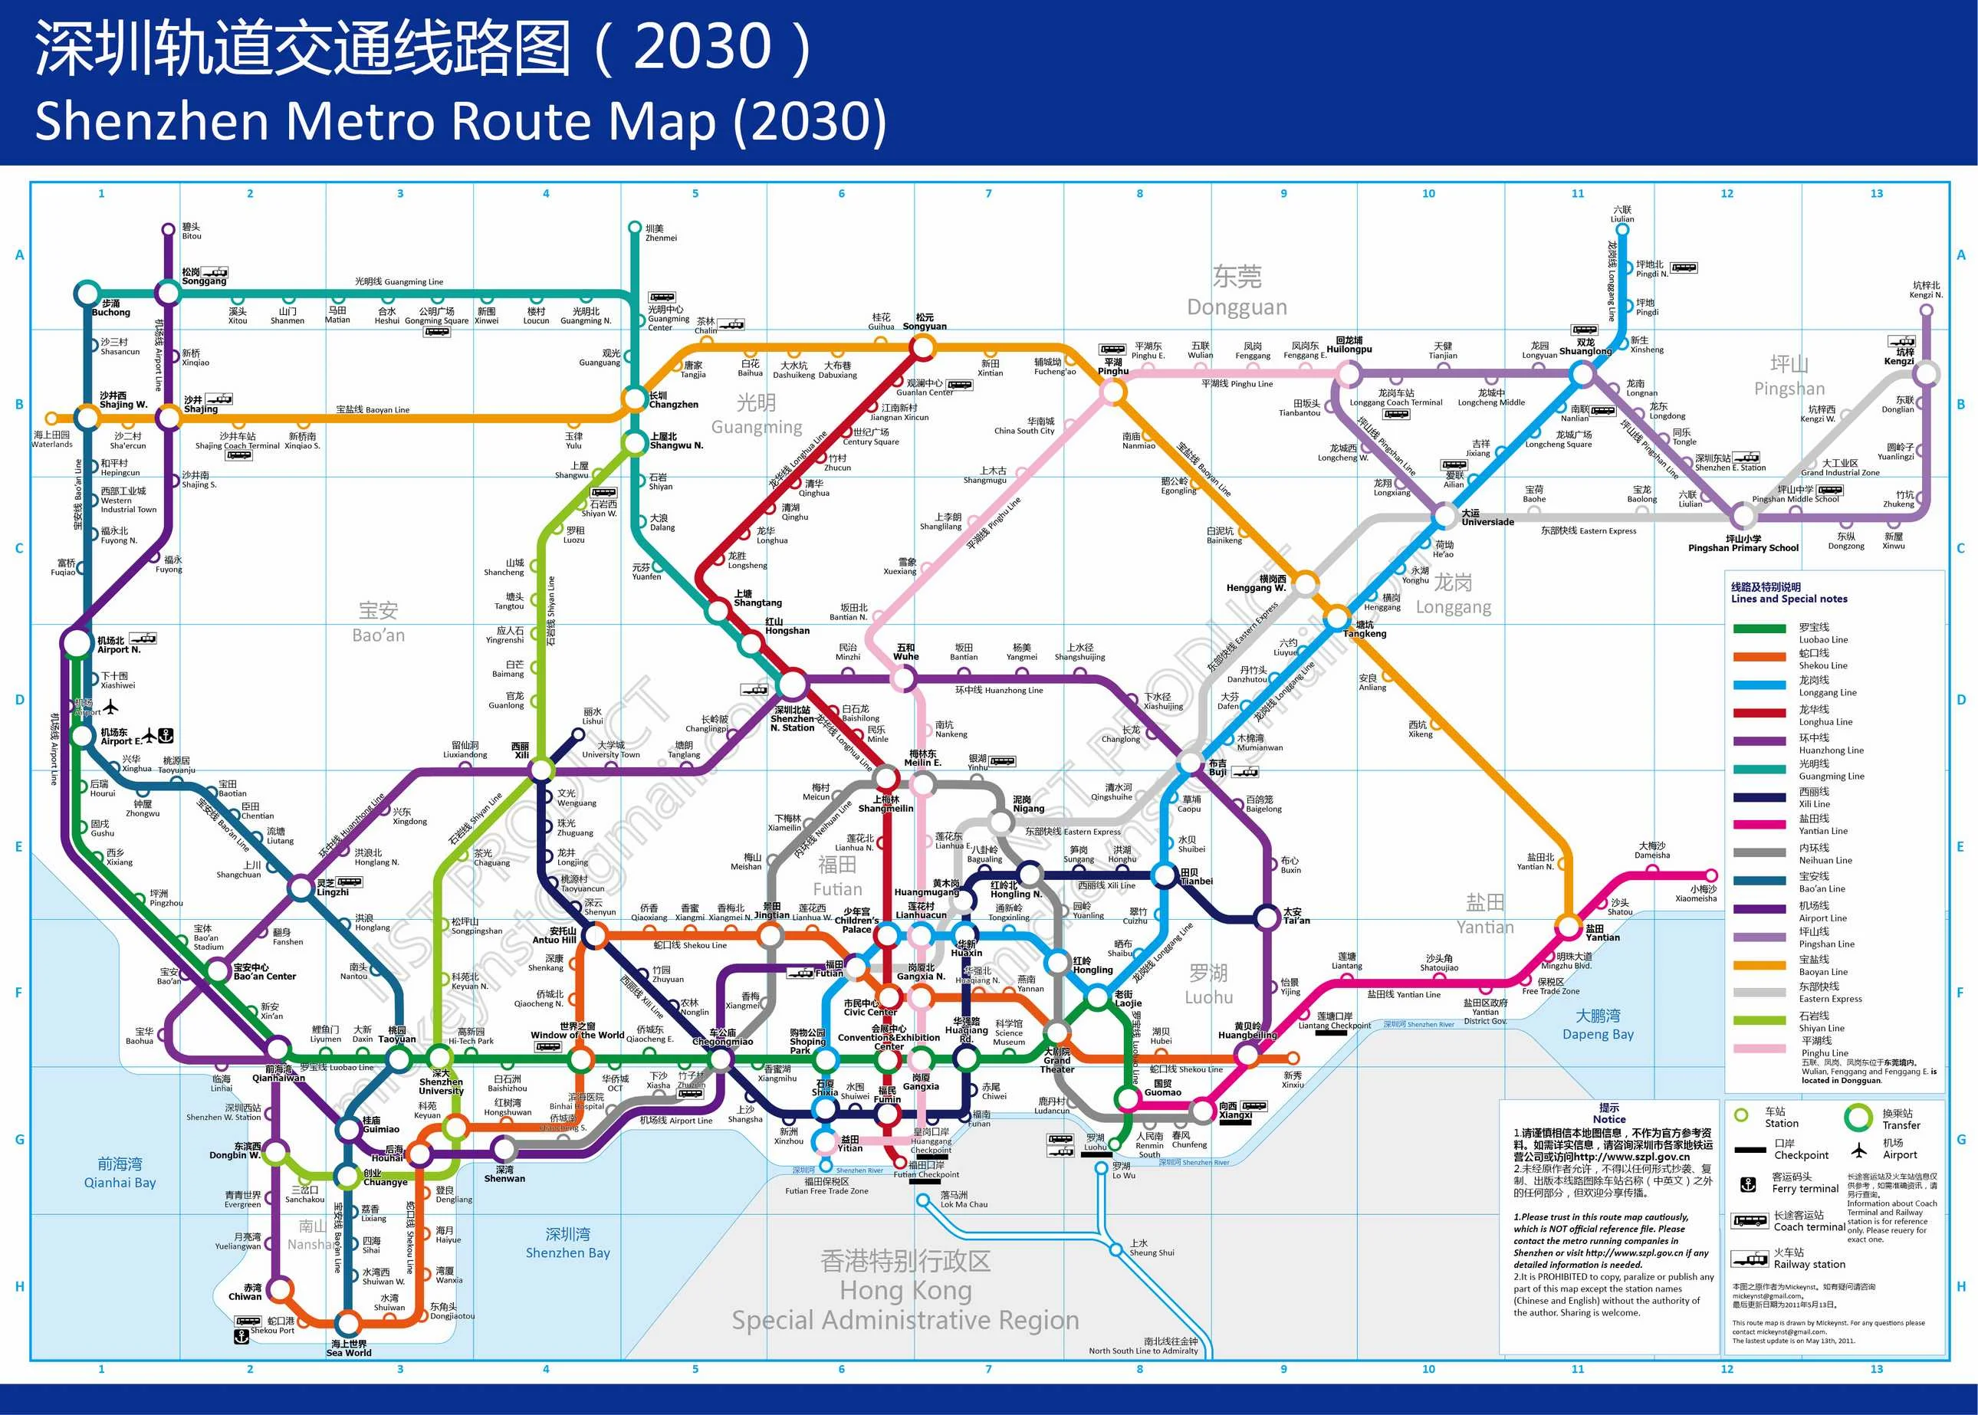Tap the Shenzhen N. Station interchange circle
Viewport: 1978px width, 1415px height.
[792, 683]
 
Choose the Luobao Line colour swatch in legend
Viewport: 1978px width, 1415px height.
[1760, 629]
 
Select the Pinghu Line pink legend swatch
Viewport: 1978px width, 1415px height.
[1760, 1047]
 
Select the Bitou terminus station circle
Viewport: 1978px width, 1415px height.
[168, 230]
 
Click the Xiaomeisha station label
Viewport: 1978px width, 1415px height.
[1696, 893]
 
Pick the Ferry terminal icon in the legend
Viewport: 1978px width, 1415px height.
[1747, 1184]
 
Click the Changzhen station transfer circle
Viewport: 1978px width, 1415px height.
[634, 399]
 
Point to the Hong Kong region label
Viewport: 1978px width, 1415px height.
[905, 1289]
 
